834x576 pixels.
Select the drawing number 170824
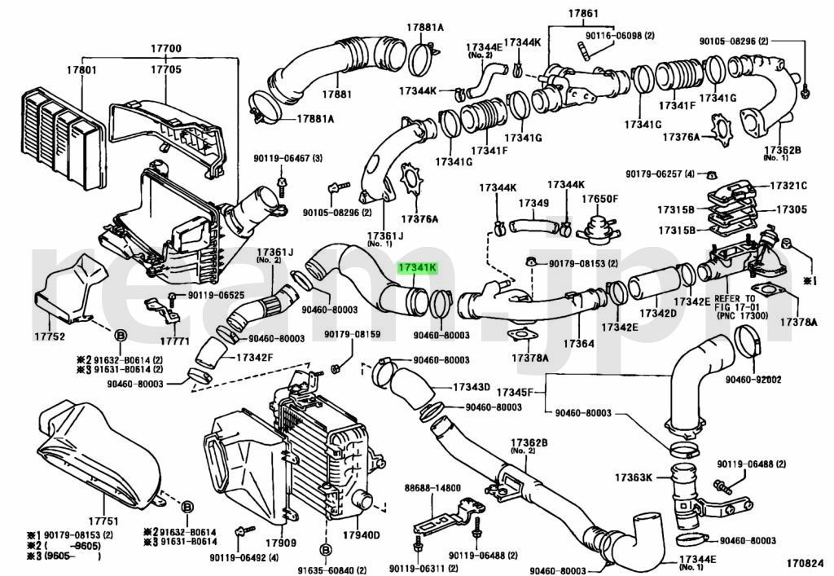tap(805, 562)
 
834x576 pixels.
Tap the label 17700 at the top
tap(165, 49)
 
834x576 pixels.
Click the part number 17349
tap(533, 202)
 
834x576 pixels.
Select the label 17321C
tap(790, 185)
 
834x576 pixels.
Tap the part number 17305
tap(792, 209)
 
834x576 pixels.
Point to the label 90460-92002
tap(753, 379)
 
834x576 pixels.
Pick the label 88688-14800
tap(432, 487)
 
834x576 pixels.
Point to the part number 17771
tap(174, 340)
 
